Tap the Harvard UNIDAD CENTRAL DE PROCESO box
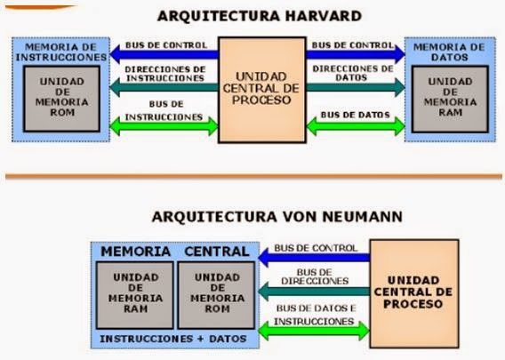[x=261, y=89]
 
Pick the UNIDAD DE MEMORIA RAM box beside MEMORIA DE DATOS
[x=450, y=96]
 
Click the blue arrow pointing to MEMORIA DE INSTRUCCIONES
[x=164, y=55]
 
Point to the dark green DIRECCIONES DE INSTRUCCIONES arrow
[x=164, y=86]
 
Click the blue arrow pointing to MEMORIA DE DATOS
[x=356, y=55]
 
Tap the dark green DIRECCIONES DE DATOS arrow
[x=356, y=86]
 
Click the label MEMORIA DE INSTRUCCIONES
[x=60, y=51]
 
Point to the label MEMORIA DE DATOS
[x=451, y=51]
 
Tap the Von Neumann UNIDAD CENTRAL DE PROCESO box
[x=414, y=292]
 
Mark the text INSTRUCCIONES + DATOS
[x=173, y=339]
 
